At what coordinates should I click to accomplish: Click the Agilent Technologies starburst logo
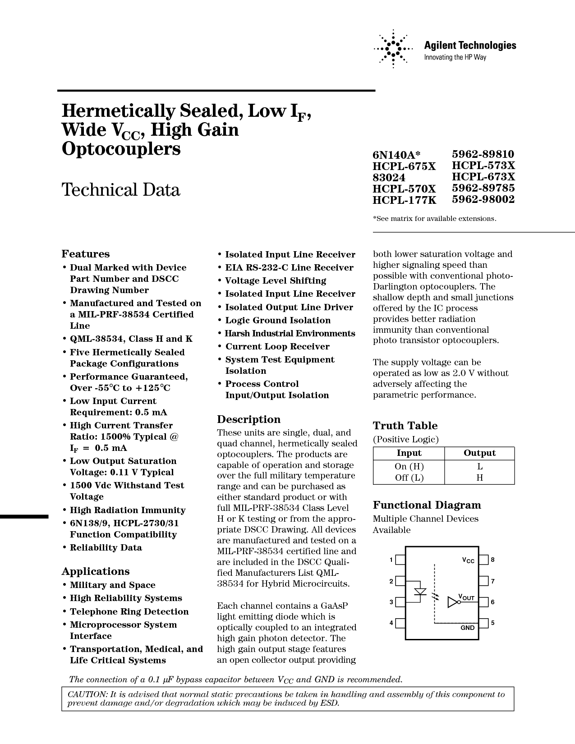(x=393, y=49)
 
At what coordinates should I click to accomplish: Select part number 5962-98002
(x=483, y=199)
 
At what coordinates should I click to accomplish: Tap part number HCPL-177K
(x=405, y=200)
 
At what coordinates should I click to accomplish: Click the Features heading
(x=86, y=254)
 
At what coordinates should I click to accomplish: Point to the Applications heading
(x=96, y=571)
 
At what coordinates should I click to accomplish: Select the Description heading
(x=249, y=419)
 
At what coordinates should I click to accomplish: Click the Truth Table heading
(x=405, y=426)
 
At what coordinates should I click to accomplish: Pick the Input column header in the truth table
(x=409, y=453)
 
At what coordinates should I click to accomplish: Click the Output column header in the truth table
(x=479, y=453)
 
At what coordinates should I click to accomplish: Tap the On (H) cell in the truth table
(x=409, y=467)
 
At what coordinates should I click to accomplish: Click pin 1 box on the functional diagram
(x=400, y=560)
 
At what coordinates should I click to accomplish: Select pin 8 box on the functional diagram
(x=484, y=560)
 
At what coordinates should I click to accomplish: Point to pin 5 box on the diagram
(x=484, y=623)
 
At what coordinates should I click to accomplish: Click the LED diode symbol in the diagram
(x=420, y=592)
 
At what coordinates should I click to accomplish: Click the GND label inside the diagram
(x=468, y=628)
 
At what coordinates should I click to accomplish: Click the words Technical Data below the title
(x=121, y=190)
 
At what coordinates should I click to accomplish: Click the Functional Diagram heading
(x=427, y=505)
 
